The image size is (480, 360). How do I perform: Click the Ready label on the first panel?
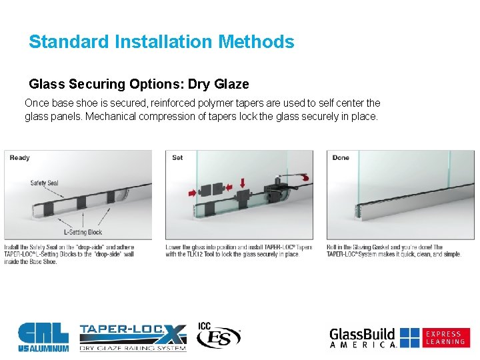(20, 158)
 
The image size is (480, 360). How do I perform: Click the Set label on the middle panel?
(177, 158)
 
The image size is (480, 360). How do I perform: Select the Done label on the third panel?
(341, 158)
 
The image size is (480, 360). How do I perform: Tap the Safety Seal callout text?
(44, 183)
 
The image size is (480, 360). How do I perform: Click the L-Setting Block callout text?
(83, 232)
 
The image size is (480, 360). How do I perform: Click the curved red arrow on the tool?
(305, 177)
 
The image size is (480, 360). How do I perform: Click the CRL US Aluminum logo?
(43, 337)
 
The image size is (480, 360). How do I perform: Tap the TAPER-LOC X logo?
(133, 337)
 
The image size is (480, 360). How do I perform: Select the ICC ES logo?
(218, 336)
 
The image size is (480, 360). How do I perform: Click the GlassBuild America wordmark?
(363, 337)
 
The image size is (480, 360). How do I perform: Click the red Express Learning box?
(445, 337)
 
